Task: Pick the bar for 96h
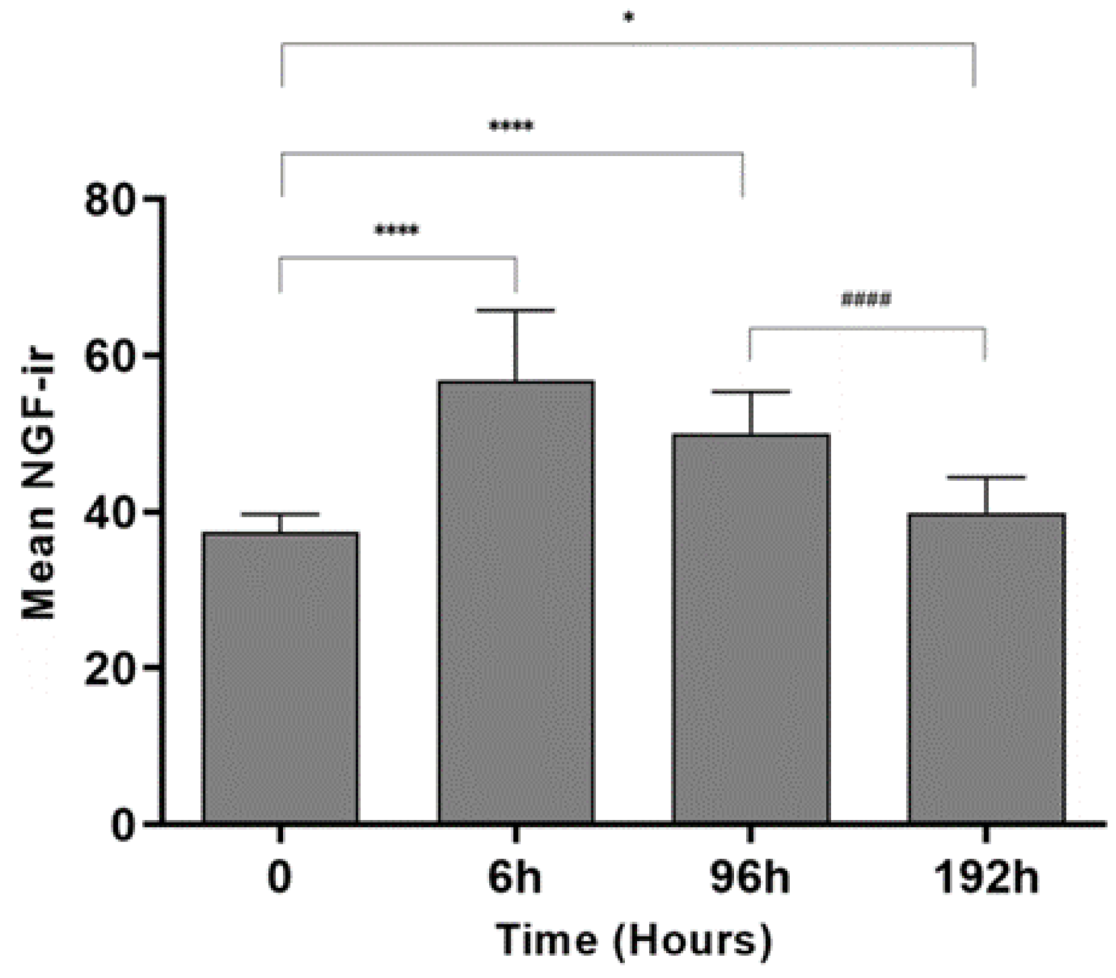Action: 751,628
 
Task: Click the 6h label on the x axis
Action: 515,878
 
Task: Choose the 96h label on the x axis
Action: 750,878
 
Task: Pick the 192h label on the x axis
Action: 986,878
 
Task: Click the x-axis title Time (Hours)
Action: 634,939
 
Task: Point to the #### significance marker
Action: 866,299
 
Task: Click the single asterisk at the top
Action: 628,18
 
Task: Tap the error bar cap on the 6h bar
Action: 516,310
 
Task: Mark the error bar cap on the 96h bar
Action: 751,392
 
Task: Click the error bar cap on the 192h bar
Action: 986,477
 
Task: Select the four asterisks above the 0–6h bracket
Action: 397,230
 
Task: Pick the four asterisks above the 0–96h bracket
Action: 511,126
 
